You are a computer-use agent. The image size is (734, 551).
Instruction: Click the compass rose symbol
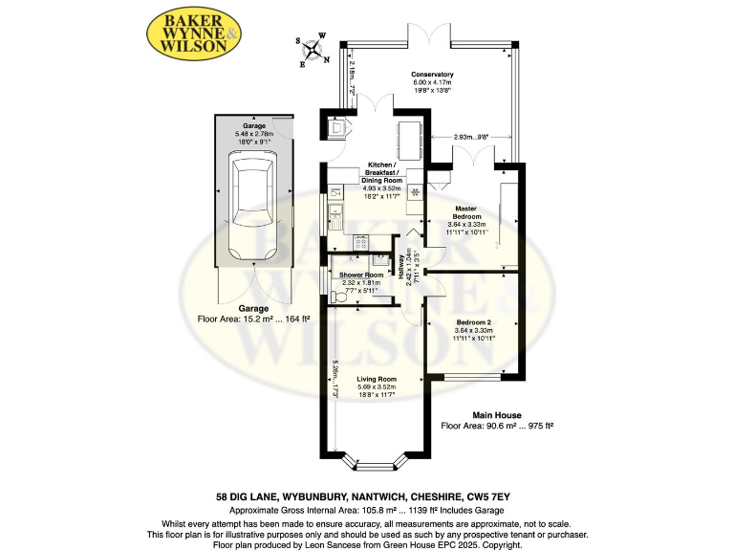pos(313,50)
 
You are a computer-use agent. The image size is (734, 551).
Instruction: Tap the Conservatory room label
pos(432,75)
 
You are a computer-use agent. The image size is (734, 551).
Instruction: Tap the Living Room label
pos(377,379)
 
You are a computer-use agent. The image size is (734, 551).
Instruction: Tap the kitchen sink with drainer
pos(337,213)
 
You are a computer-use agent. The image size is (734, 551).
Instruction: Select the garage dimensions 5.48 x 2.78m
pos(252,133)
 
